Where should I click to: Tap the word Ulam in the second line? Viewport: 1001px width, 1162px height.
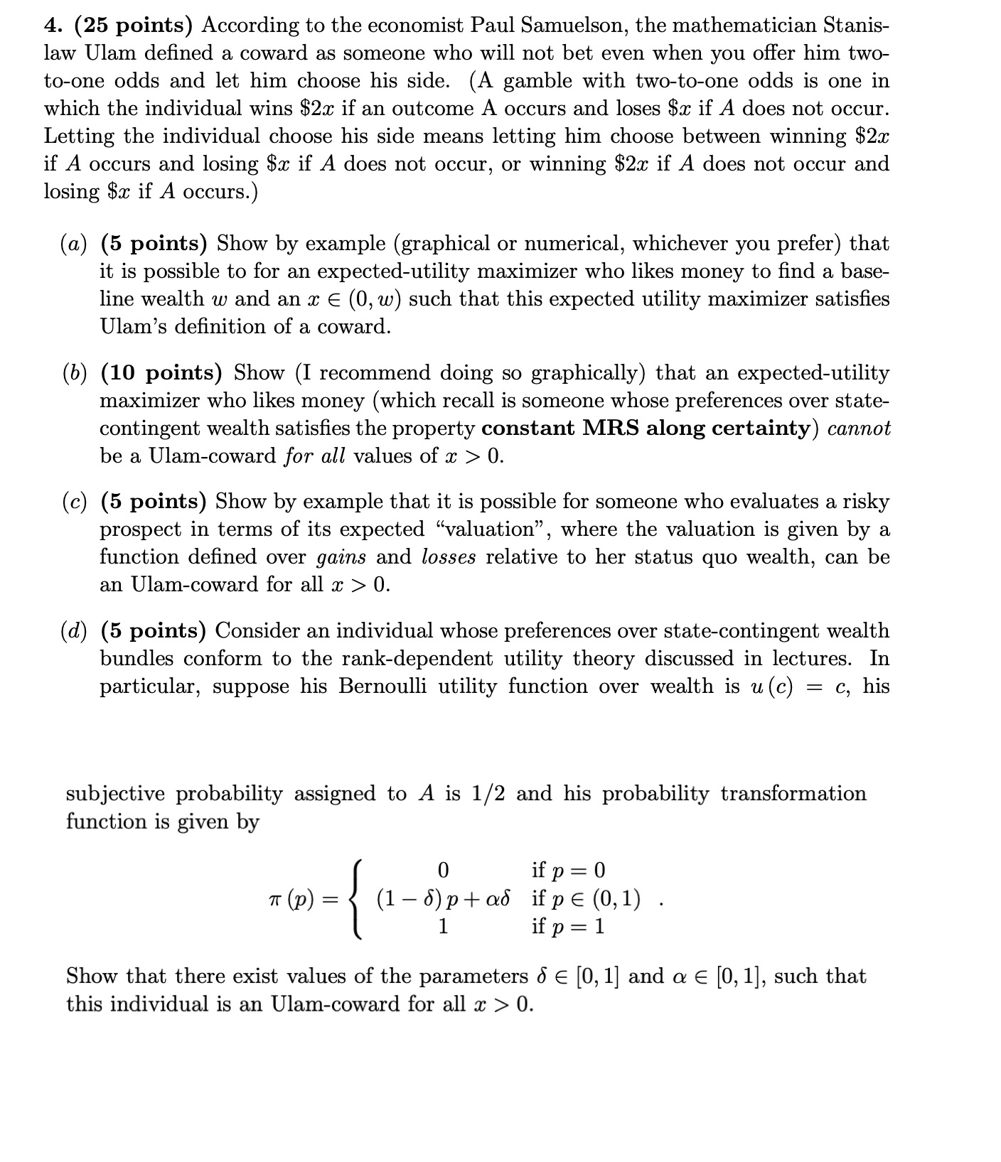click(x=110, y=53)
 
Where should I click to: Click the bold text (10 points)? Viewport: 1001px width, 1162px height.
click(x=161, y=373)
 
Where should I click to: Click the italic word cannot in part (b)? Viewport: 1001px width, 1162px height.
click(x=859, y=429)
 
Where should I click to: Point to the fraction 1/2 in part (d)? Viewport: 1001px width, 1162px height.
click(x=488, y=794)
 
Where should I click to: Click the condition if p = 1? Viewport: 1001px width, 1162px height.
click(x=568, y=927)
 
